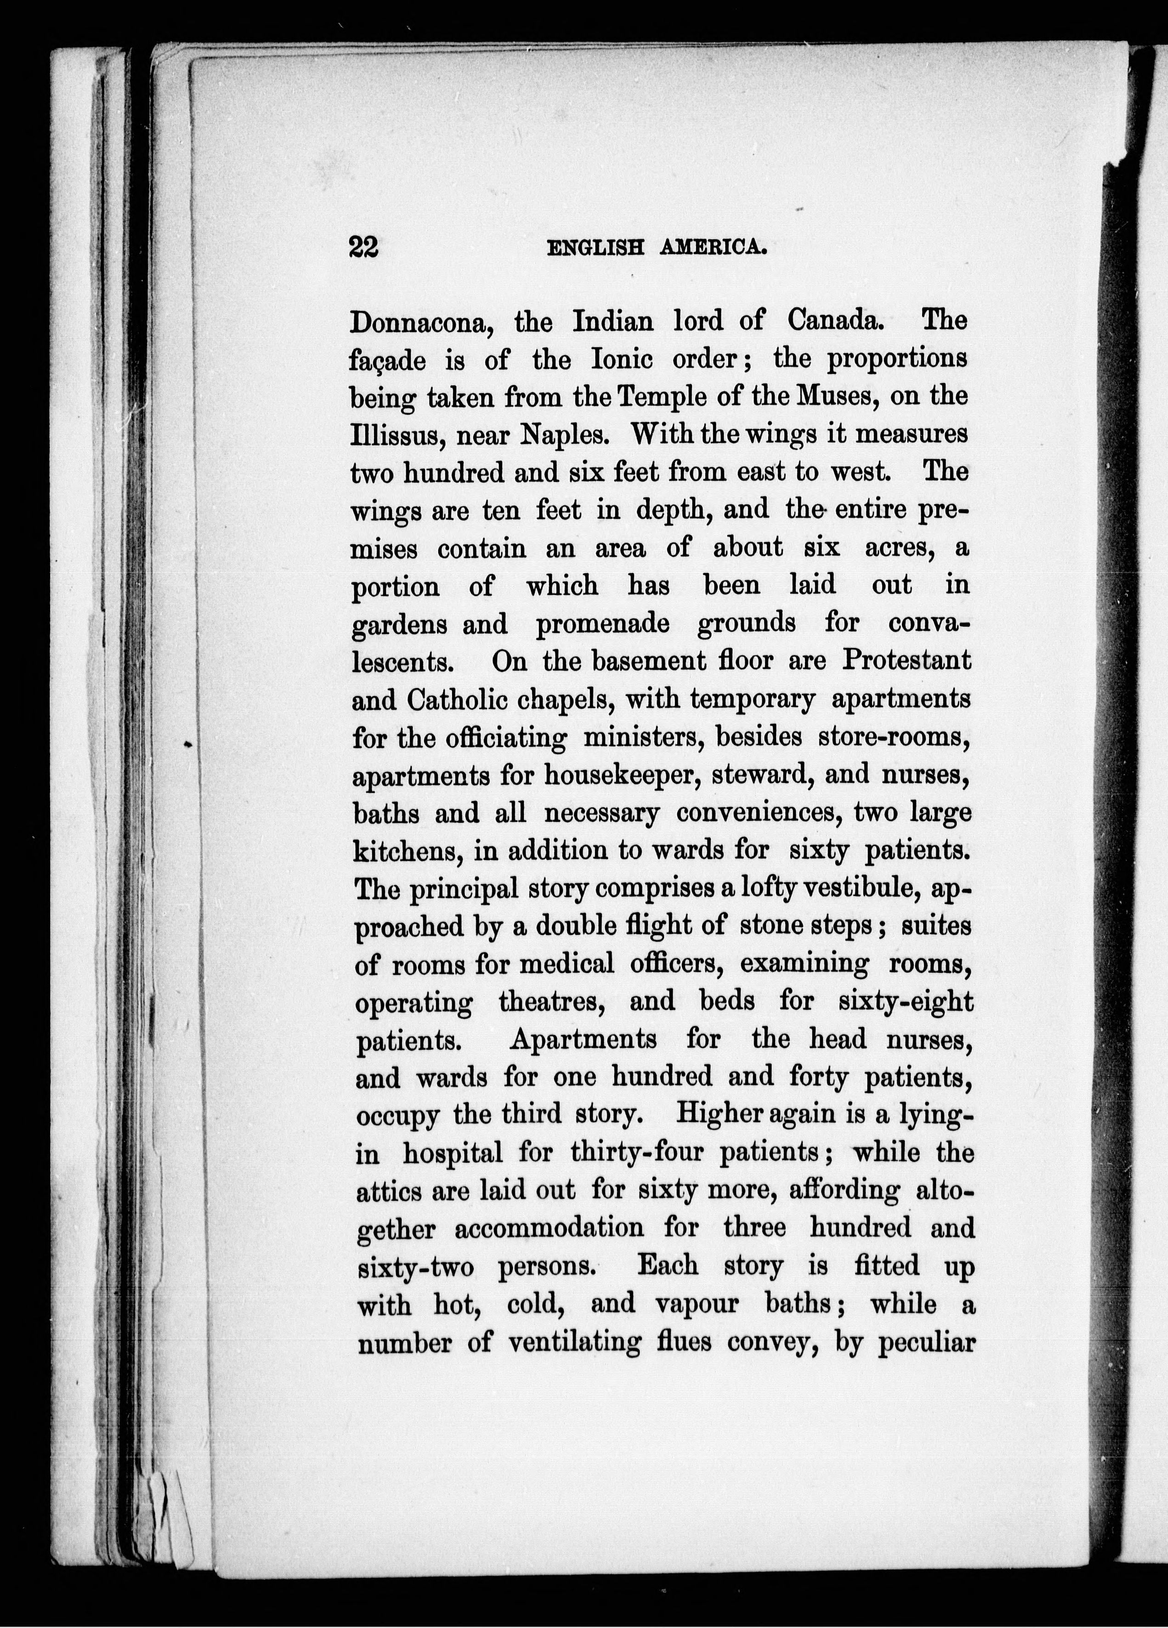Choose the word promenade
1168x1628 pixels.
coord(602,624)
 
